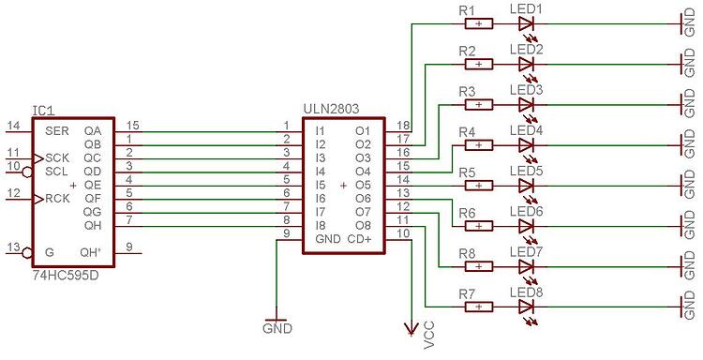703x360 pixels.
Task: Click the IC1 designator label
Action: pyautogui.click(x=42, y=110)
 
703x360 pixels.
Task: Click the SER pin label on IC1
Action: pyautogui.click(x=55, y=130)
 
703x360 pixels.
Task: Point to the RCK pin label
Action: pyautogui.click(x=56, y=199)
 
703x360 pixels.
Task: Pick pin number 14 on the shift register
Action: pyautogui.click(x=13, y=126)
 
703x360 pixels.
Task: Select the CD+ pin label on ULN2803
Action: pyautogui.click(x=361, y=239)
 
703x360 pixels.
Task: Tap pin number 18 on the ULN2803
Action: pyautogui.click(x=402, y=126)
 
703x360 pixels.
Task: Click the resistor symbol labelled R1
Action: pyautogui.click(x=478, y=24)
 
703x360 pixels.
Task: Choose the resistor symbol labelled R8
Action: pyautogui.click(x=478, y=266)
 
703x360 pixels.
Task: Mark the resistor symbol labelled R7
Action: pyautogui.click(x=478, y=307)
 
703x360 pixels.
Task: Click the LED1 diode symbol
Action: pyautogui.click(x=526, y=24)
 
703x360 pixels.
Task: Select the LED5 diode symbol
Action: pyautogui.click(x=526, y=186)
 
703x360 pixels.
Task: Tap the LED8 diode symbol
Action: pyautogui.click(x=526, y=307)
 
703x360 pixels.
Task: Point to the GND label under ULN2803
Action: pyautogui.click(x=278, y=329)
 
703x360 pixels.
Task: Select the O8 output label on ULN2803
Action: pyautogui.click(x=363, y=226)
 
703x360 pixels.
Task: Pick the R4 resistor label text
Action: pyautogui.click(x=468, y=131)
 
